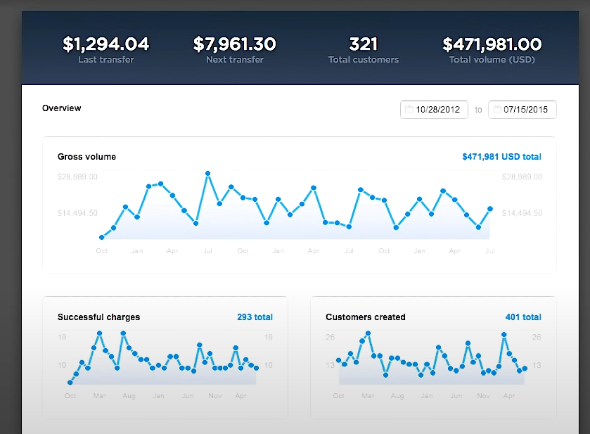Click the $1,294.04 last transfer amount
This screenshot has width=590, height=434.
click(105, 44)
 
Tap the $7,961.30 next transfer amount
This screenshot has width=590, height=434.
click(235, 44)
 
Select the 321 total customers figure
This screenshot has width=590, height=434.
click(364, 44)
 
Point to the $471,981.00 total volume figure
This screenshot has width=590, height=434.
click(492, 44)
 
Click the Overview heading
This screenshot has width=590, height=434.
click(61, 108)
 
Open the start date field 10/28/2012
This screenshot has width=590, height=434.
click(435, 110)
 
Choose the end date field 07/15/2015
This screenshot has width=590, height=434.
click(522, 110)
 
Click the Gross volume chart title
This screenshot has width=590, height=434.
click(86, 157)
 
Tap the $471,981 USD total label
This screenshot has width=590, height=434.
click(501, 157)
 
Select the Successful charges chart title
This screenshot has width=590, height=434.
click(98, 317)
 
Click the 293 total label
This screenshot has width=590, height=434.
click(255, 317)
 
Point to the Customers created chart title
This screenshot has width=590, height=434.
click(366, 317)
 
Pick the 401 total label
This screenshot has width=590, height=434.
click(523, 317)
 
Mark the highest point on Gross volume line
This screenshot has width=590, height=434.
click(208, 172)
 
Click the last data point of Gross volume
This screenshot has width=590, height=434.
click(490, 209)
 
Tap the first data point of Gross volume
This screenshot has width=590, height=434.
click(102, 238)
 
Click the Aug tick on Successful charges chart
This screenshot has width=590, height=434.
click(129, 396)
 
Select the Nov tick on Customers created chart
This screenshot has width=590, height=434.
click(483, 396)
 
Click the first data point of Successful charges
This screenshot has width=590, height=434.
click(70, 383)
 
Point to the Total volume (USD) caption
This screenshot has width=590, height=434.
click(492, 60)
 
